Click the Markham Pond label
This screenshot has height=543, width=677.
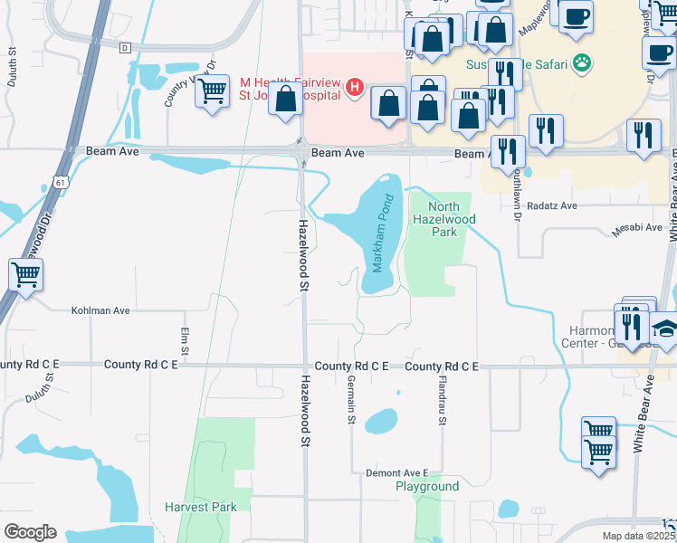(384, 233)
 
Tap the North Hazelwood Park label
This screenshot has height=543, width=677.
(443, 219)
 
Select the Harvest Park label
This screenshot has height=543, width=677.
(200, 507)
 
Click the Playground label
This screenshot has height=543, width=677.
(427, 486)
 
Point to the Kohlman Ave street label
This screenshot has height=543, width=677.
(100, 310)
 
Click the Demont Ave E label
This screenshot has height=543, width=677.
(396, 472)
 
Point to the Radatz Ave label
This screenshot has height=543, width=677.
(551, 205)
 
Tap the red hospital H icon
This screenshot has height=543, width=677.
(355, 89)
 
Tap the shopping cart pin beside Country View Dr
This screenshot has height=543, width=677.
(212, 90)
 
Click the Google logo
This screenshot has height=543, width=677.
(30, 532)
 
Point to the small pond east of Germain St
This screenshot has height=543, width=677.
(381, 421)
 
